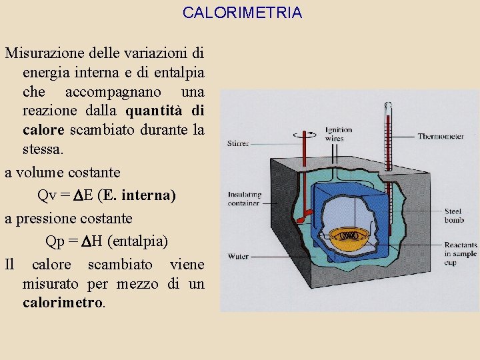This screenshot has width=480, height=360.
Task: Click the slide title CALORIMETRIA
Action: click(242, 13)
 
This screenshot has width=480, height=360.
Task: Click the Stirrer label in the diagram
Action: click(238, 143)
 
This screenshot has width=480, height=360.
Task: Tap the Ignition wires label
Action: click(339, 133)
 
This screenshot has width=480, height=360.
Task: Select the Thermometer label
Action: click(441, 136)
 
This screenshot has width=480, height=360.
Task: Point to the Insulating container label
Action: click(245, 198)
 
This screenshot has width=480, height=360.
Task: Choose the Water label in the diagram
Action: click(238, 256)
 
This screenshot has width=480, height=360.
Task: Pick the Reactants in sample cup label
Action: click(461, 253)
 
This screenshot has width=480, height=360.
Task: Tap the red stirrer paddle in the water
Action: click(305, 215)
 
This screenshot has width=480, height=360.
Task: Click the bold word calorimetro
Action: click(63, 302)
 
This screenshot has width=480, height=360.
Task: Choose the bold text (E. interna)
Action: click(136, 195)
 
